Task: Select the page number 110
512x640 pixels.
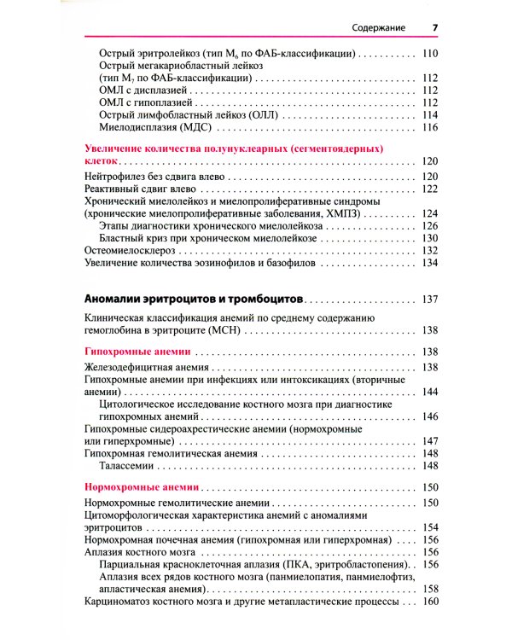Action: coord(429,53)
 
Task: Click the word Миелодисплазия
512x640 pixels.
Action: coord(138,127)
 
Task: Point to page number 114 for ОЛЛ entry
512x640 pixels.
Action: coord(429,115)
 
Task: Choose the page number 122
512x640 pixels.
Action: coord(429,189)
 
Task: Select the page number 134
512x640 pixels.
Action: coord(429,264)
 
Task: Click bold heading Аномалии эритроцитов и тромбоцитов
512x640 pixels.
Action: coord(195,300)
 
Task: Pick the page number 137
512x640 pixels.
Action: coord(429,300)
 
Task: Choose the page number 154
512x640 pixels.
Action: coord(429,527)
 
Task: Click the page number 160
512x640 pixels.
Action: coord(429,602)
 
